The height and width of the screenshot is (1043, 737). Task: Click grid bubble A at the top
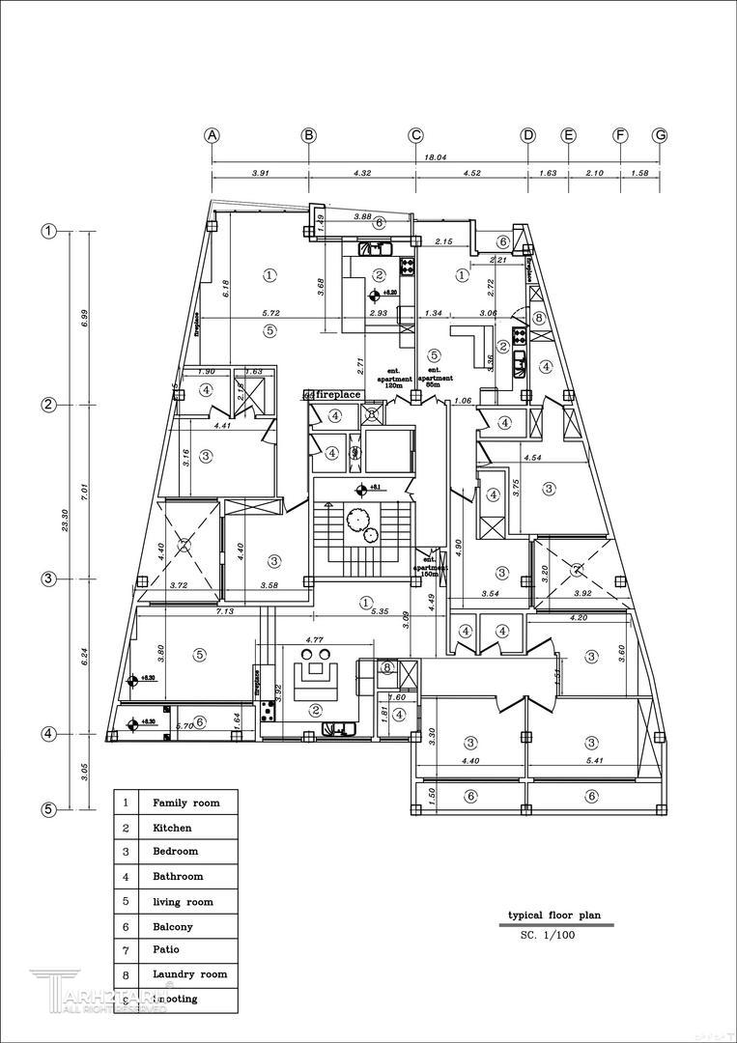[x=213, y=135]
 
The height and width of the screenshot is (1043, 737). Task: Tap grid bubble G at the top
[x=660, y=135]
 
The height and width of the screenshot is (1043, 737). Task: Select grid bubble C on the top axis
[x=415, y=135]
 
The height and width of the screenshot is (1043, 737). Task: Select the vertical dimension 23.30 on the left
[x=65, y=520]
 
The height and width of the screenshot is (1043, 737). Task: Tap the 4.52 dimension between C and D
[x=471, y=173]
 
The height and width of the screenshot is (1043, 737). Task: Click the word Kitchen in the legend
[x=172, y=828]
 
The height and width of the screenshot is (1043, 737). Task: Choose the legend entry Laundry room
[x=189, y=974]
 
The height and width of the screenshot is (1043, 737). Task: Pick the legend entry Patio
[x=167, y=950]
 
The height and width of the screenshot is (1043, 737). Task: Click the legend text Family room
[x=185, y=803]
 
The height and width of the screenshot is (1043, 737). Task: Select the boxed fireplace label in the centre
[x=337, y=394]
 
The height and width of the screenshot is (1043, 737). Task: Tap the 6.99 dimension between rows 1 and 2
[x=84, y=318]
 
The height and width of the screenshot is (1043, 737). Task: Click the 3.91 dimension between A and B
[x=260, y=173]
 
